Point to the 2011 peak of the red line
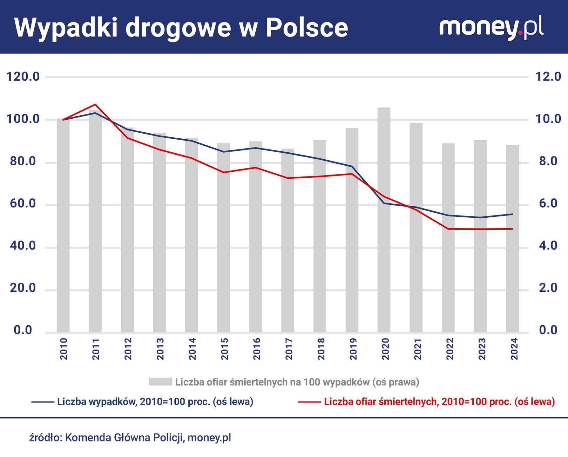[x=95, y=104]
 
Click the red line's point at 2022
[x=448, y=229]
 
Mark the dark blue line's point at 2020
[x=384, y=203]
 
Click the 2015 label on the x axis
[x=224, y=349]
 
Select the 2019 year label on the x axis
[x=353, y=349]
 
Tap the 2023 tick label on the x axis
[x=482, y=349]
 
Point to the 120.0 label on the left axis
[x=23, y=77]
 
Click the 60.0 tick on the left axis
[x=23, y=203]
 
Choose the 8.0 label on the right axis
[x=548, y=161]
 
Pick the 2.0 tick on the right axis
[x=548, y=288]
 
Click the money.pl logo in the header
[x=491, y=28]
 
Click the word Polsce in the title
[x=307, y=28]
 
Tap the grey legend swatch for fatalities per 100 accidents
[x=160, y=382]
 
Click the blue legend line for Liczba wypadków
[x=43, y=402]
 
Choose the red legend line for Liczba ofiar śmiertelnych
[x=309, y=402]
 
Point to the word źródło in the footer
[x=45, y=438]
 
